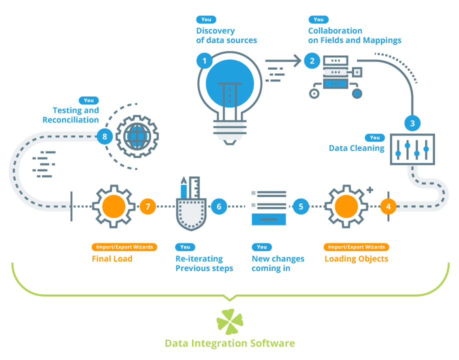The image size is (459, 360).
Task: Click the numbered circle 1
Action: click(x=204, y=61)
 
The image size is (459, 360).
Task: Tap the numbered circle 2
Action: click(x=312, y=61)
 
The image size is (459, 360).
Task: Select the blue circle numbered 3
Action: click(x=412, y=122)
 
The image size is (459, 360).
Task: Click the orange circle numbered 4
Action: click(x=388, y=205)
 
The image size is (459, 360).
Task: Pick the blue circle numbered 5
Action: click(x=300, y=205)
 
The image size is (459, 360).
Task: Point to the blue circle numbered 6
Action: click(x=219, y=205)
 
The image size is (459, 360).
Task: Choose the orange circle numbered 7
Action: click(x=148, y=205)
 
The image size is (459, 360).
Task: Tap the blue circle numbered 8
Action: click(x=104, y=136)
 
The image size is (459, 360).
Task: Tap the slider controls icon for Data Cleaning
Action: click(x=412, y=148)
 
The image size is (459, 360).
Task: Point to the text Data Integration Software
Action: click(x=229, y=343)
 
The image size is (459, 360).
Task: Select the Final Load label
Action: click(x=112, y=259)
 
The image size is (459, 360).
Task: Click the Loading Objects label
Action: click(x=356, y=259)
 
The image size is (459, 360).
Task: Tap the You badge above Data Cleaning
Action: click(x=374, y=137)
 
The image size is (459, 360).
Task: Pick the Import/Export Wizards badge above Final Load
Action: click(x=124, y=247)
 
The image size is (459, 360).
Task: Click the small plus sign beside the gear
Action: click(x=370, y=190)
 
